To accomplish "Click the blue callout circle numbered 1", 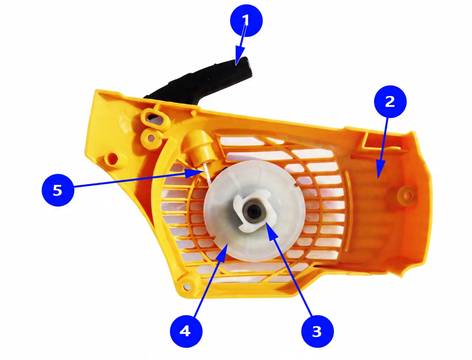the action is tap(246, 20).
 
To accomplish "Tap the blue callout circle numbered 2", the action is tap(390, 102).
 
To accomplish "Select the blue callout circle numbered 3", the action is tap(317, 331).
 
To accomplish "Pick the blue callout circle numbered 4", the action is tap(186, 331).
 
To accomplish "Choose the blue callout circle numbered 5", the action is tap(58, 190).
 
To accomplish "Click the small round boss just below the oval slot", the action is tap(152, 137).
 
